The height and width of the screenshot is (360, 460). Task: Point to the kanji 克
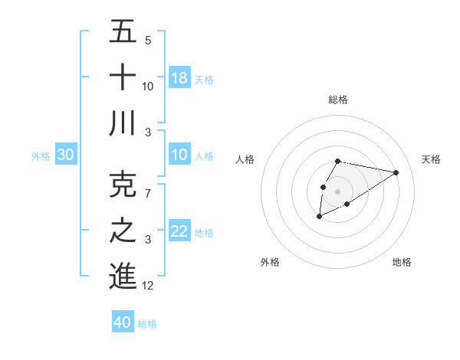(123, 184)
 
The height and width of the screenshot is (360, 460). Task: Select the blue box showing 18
(179, 78)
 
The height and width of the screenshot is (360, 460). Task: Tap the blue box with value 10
(179, 155)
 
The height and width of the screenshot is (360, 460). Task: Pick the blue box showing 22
(179, 232)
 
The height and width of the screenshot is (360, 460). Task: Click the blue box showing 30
(65, 155)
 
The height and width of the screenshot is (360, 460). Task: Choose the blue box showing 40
(123, 322)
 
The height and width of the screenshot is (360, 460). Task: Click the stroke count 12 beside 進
(148, 286)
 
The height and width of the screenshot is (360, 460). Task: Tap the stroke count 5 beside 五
(148, 41)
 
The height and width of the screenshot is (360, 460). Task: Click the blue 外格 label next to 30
(41, 156)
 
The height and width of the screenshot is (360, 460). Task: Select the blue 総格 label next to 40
(147, 324)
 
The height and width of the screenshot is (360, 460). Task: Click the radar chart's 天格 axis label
(431, 159)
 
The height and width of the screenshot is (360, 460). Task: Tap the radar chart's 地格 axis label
(402, 262)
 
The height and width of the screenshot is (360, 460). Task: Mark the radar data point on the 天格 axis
(396, 172)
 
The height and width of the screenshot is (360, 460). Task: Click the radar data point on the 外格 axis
(319, 218)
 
